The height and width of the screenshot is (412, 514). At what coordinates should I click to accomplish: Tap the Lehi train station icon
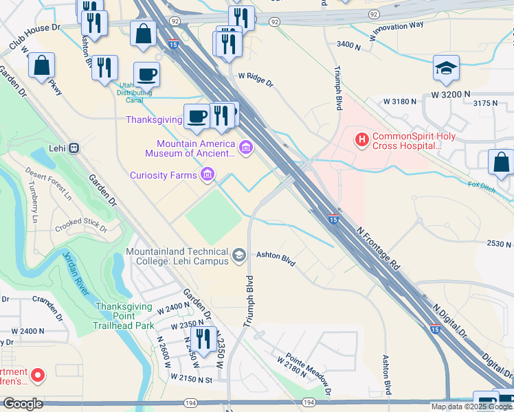tap(74, 148)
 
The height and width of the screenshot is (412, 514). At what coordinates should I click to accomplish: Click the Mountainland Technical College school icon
tap(239, 255)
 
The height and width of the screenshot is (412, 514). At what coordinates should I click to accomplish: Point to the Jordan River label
tap(76, 274)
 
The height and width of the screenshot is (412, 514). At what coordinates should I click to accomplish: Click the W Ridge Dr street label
tap(256, 80)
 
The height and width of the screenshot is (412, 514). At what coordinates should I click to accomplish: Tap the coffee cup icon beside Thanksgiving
tap(197, 116)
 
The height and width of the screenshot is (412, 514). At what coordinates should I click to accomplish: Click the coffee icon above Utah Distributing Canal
tap(146, 73)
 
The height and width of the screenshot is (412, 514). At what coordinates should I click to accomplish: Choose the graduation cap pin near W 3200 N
tap(446, 69)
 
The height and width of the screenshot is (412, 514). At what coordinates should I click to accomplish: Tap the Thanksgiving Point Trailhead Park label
tap(125, 316)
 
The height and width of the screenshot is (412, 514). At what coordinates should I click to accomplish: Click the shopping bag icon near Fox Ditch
tap(501, 163)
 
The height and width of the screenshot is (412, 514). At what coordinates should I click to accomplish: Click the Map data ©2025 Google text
tap(471, 407)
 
